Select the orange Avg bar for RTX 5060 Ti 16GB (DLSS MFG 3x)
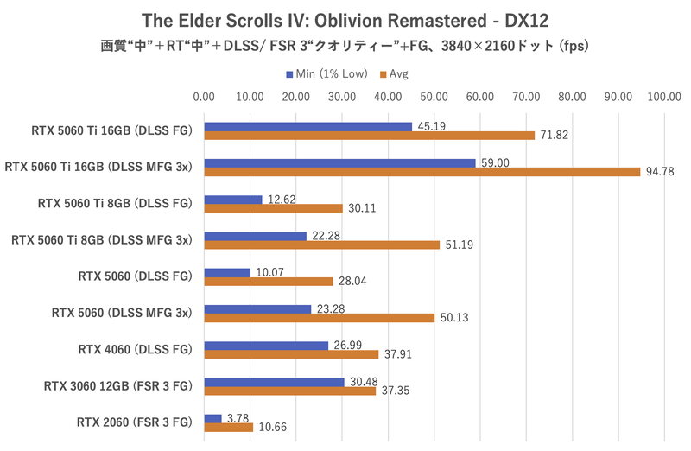[422, 172]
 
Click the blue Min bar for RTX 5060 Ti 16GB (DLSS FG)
[307, 127]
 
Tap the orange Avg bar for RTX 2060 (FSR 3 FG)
[228, 427]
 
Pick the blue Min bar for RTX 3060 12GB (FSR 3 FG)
[274, 381]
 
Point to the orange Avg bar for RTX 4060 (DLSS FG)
[291, 353]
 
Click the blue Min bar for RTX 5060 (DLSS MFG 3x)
[257, 308]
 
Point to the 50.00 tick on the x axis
[434, 98]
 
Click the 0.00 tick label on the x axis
[204, 98]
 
